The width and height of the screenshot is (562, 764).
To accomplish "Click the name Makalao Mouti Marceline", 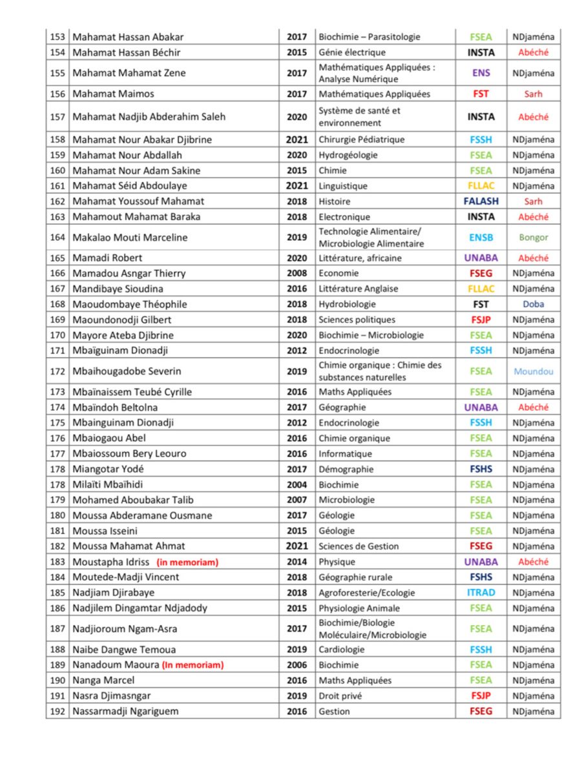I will [130, 238].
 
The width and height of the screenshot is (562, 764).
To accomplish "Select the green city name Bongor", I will [533, 238].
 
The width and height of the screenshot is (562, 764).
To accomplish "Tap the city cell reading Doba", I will [533, 304].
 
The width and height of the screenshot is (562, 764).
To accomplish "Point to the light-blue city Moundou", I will [533, 371].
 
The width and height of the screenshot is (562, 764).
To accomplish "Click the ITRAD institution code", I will [481, 593].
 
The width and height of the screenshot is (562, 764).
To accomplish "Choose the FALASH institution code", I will [481, 201].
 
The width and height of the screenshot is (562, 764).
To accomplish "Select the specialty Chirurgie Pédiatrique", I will [361, 139].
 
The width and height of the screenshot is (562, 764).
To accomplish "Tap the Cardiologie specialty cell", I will [342, 650].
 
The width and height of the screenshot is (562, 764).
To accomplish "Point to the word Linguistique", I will [343, 186].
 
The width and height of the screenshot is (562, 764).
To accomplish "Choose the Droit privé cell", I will [340, 696].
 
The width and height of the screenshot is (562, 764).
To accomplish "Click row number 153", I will [57, 37].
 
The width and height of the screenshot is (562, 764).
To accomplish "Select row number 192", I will [57, 712].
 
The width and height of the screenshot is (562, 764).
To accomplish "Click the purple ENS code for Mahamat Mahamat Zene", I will [481, 73].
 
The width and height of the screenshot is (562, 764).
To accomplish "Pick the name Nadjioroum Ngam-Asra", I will [124, 629].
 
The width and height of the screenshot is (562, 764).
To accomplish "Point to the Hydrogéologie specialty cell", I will [348, 155].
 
